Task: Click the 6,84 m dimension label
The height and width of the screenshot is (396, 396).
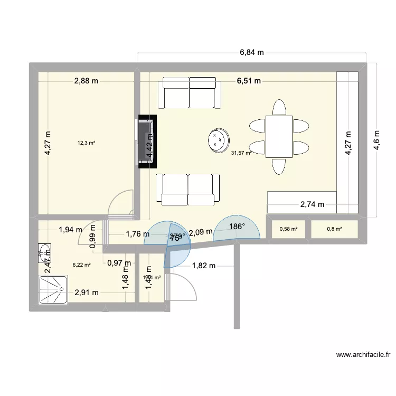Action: [251, 52]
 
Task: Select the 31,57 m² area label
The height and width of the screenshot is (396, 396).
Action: [240, 154]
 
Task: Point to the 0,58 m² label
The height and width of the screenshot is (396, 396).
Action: [288, 229]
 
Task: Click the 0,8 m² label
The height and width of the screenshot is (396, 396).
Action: [334, 229]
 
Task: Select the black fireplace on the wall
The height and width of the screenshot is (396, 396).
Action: [146, 142]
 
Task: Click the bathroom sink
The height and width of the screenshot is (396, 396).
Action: [44, 252]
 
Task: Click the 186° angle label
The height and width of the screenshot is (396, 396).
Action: [237, 227]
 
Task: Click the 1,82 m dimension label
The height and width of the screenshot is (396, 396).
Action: [203, 266]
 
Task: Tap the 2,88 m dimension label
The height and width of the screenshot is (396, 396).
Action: [86, 81]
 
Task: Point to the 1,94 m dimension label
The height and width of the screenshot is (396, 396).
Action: [70, 230]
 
